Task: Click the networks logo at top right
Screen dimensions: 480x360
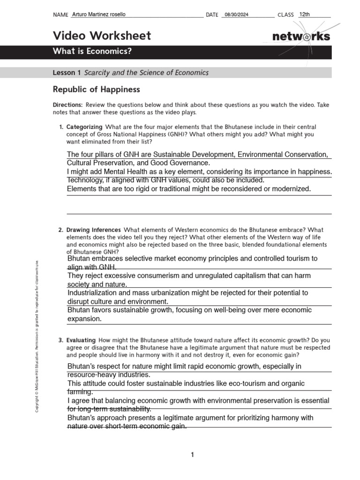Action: pyautogui.click(x=301, y=37)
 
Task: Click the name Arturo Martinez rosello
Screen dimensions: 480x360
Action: pyautogui.click(x=99, y=15)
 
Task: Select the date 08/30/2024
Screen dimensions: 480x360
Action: pyautogui.click(x=237, y=15)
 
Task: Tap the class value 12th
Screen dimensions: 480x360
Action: pyautogui.click(x=305, y=15)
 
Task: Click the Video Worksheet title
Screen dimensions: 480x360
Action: pyautogui.click(x=102, y=36)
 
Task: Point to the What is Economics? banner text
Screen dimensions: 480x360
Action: pyautogui.click(x=92, y=52)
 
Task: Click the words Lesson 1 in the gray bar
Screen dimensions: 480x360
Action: pyautogui.click(x=67, y=73)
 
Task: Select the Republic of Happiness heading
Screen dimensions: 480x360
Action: pyautogui.click(x=96, y=89)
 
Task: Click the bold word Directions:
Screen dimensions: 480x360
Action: pyautogui.click(x=67, y=105)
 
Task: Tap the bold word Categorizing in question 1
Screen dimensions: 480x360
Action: pyautogui.click(x=84, y=127)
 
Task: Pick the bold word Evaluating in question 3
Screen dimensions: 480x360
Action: pyautogui.click(x=81, y=340)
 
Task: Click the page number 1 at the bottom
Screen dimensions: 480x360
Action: pyautogui.click(x=192, y=455)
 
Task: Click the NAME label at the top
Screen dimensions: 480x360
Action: pyautogui.click(x=61, y=15)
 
